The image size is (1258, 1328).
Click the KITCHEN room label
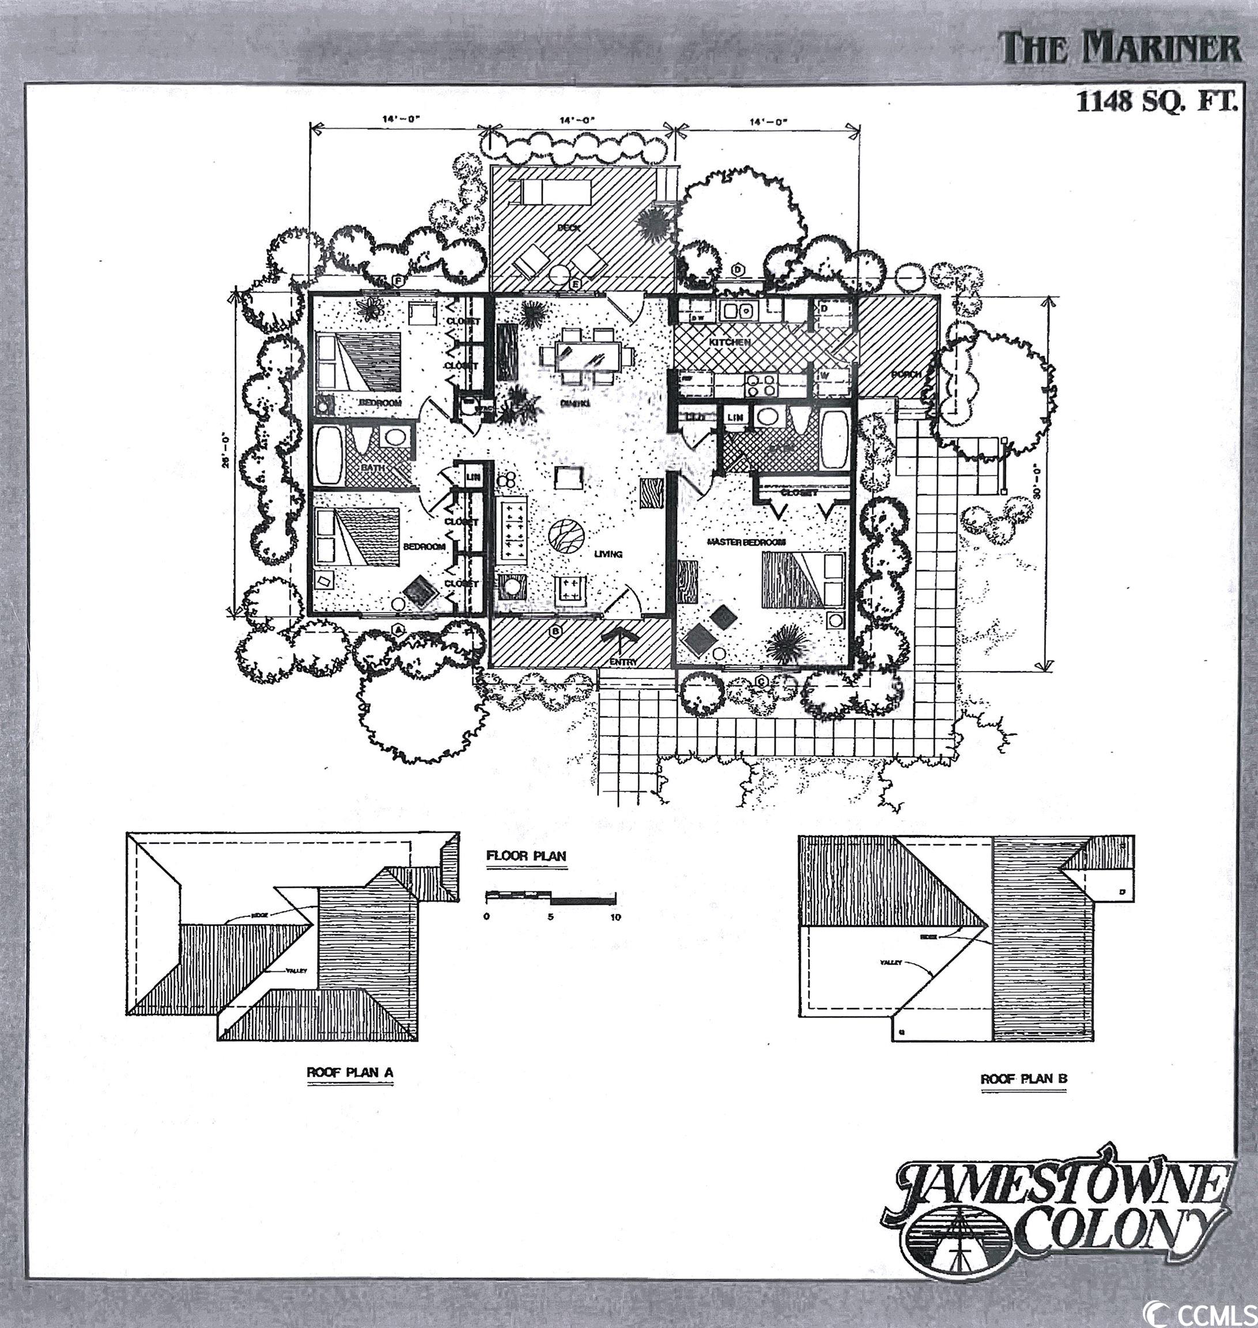pyautogui.click(x=731, y=343)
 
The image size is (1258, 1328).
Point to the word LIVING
pyautogui.click(x=609, y=554)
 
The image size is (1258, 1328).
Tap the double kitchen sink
pyautogui.click(x=736, y=311)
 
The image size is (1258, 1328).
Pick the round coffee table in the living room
pyautogui.click(x=565, y=537)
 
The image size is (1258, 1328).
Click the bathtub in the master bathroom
pyautogui.click(x=835, y=439)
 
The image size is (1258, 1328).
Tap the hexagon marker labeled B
pyautogui.click(x=555, y=631)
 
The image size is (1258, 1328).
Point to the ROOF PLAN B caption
pyautogui.click(x=1023, y=1098)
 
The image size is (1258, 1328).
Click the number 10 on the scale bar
pyautogui.click(x=615, y=918)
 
